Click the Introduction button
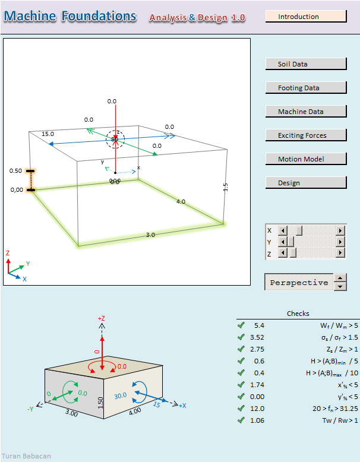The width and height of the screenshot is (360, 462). [305, 17]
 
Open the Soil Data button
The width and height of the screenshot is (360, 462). [305, 64]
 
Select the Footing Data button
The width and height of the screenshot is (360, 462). [305, 88]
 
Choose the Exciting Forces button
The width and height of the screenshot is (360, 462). [305, 135]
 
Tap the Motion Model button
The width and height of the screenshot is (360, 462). [305, 159]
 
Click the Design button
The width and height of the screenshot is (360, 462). [305, 183]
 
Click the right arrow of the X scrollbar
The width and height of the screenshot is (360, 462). [340, 230]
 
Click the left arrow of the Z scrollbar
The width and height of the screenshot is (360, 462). [283, 254]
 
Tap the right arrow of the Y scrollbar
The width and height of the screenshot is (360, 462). [340, 242]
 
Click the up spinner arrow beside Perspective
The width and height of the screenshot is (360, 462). [340, 277]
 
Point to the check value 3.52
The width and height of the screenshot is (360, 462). [259, 337]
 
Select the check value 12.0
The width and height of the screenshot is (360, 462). [259, 409]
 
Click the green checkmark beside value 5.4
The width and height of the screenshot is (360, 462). [241, 325]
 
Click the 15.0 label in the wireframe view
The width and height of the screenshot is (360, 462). [48, 134]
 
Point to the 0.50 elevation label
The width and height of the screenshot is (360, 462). [15, 171]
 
